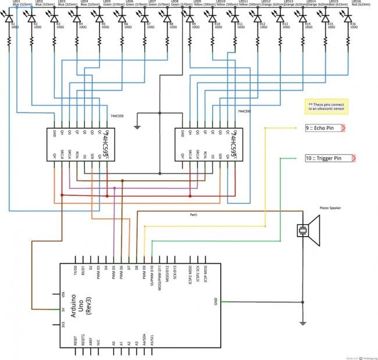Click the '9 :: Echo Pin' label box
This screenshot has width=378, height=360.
pyautogui.click(x=324, y=128)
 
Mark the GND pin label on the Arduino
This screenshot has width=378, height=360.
pyautogui.click(x=215, y=302)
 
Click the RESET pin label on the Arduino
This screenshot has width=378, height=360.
pyautogui.click(x=76, y=341)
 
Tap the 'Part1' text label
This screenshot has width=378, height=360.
pyautogui.click(x=194, y=215)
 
